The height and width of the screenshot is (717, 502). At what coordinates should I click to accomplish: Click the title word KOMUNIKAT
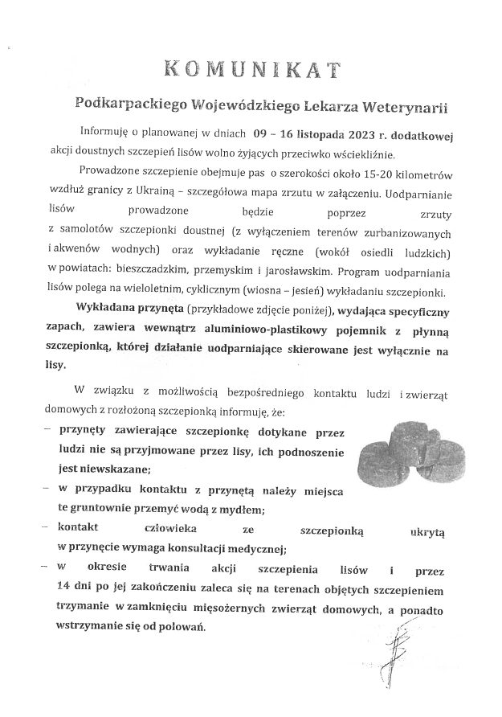click(x=251, y=68)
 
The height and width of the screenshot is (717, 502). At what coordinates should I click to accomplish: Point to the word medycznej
click(x=253, y=550)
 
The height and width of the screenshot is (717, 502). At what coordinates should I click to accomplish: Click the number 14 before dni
click(x=64, y=589)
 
